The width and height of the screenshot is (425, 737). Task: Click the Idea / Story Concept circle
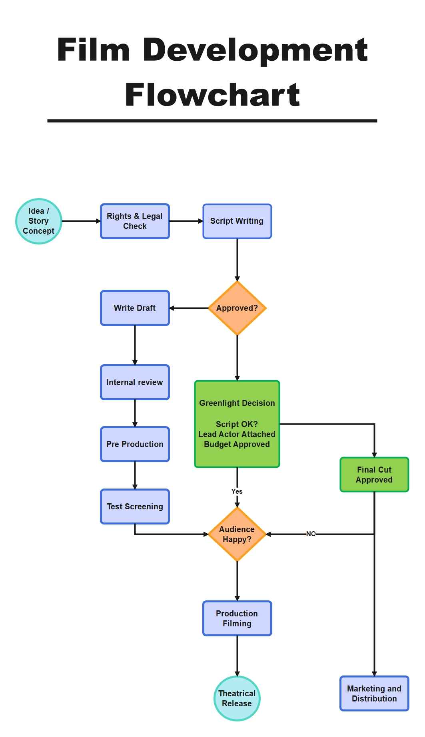click(x=38, y=221)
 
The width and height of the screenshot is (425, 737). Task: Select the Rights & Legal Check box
click(x=135, y=221)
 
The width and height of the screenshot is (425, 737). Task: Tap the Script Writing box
click(x=237, y=221)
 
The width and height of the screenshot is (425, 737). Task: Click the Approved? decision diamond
click(x=237, y=308)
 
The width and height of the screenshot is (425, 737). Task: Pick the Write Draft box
click(x=135, y=308)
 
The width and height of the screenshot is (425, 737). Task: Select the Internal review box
click(x=135, y=382)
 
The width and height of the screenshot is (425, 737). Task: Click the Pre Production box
click(x=135, y=444)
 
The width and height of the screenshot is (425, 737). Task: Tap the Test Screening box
click(x=135, y=507)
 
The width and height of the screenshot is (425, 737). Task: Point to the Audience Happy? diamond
click(x=237, y=534)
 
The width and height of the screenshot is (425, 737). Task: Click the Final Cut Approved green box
click(x=374, y=475)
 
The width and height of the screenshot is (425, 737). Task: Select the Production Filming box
click(x=237, y=618)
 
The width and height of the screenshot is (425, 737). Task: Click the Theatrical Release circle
click(x=237, y=698)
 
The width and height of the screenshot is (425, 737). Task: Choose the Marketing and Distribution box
click(x=374, y=693)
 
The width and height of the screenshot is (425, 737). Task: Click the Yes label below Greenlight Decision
click(x=237, y=491)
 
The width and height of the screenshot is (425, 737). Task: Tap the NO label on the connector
click(x=311, y=534)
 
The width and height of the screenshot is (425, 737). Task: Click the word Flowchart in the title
click(x=212, y=95)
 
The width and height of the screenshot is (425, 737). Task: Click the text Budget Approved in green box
click(x=237, y=444)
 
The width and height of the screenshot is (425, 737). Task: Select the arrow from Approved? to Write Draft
click(x=189, y=308)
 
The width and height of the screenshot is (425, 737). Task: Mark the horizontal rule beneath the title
click(x=212, y=121)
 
